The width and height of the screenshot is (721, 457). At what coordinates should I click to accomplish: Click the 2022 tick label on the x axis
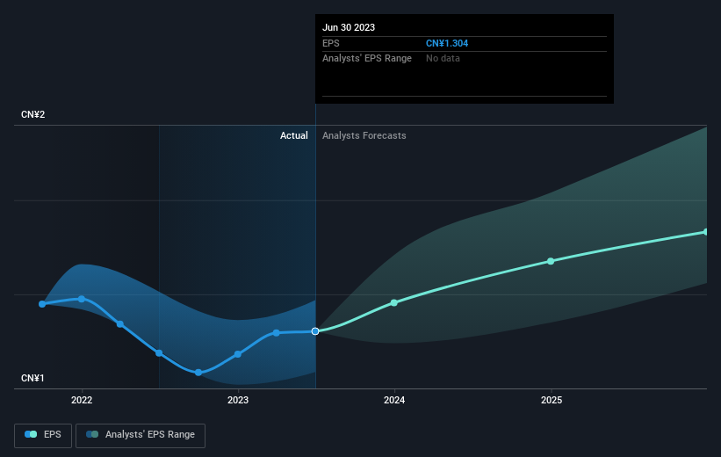tap(82, 400)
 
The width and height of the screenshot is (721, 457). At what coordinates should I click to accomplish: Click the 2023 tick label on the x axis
tap(238, 400)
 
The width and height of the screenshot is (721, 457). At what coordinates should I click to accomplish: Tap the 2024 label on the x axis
tap(394, 400)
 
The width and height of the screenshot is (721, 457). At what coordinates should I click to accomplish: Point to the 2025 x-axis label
tap(552, 400)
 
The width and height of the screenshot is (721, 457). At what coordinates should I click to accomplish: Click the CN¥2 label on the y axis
tap(33, 114)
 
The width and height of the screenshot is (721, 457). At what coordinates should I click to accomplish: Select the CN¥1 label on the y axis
tap(32, 378)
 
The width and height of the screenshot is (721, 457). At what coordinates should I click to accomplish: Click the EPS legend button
tap(43, 435)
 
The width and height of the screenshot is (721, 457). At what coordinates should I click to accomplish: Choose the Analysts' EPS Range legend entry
tap(141, 435)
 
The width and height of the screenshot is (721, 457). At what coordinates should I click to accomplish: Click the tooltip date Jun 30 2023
tap(349, 27)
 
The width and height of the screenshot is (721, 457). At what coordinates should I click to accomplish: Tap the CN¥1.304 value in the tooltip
tap(447, 43)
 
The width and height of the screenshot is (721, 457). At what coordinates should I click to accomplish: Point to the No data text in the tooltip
tap(443, 59)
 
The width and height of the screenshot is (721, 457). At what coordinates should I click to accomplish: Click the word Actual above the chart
tap(294, 135)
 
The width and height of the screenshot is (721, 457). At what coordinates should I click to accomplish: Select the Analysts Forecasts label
tap(364, 135)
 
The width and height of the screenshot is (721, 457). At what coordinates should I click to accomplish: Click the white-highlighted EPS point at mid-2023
tap(315, 331)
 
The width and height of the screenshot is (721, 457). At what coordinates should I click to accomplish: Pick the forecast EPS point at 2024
tap(394, 303)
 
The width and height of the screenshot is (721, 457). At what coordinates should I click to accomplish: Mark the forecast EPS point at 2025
tap(551, 261)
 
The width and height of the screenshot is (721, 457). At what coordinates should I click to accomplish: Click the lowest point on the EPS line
tap(198, 373)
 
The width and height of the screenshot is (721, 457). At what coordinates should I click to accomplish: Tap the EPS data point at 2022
tap(82, 299)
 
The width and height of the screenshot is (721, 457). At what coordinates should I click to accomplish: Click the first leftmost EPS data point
tap(42, 304)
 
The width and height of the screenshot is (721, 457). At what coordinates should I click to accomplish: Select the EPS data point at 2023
tap(238, 354)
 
